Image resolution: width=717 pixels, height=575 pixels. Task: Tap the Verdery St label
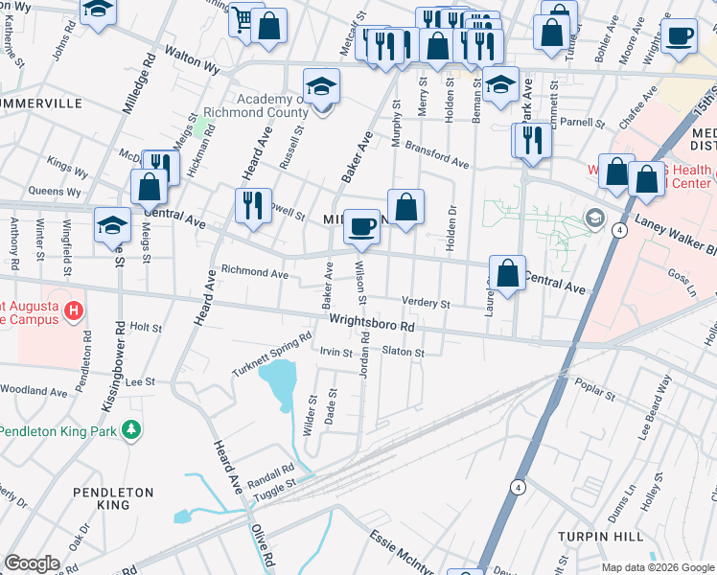[x=426, y=304]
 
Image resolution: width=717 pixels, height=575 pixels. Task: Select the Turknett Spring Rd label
[x=273, y=355]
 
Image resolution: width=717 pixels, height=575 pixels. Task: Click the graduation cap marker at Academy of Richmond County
[x=322, y=86]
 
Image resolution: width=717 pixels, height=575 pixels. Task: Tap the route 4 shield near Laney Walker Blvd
[x=621, y=231]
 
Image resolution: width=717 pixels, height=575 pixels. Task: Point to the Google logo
[x=33, y=563]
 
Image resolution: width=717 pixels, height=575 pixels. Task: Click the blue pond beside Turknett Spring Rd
[x=275, y=388]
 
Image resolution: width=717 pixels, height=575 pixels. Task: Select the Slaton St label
[x=403, y=353]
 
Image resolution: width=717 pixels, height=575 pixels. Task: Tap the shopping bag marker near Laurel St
[x=507, y=273]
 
